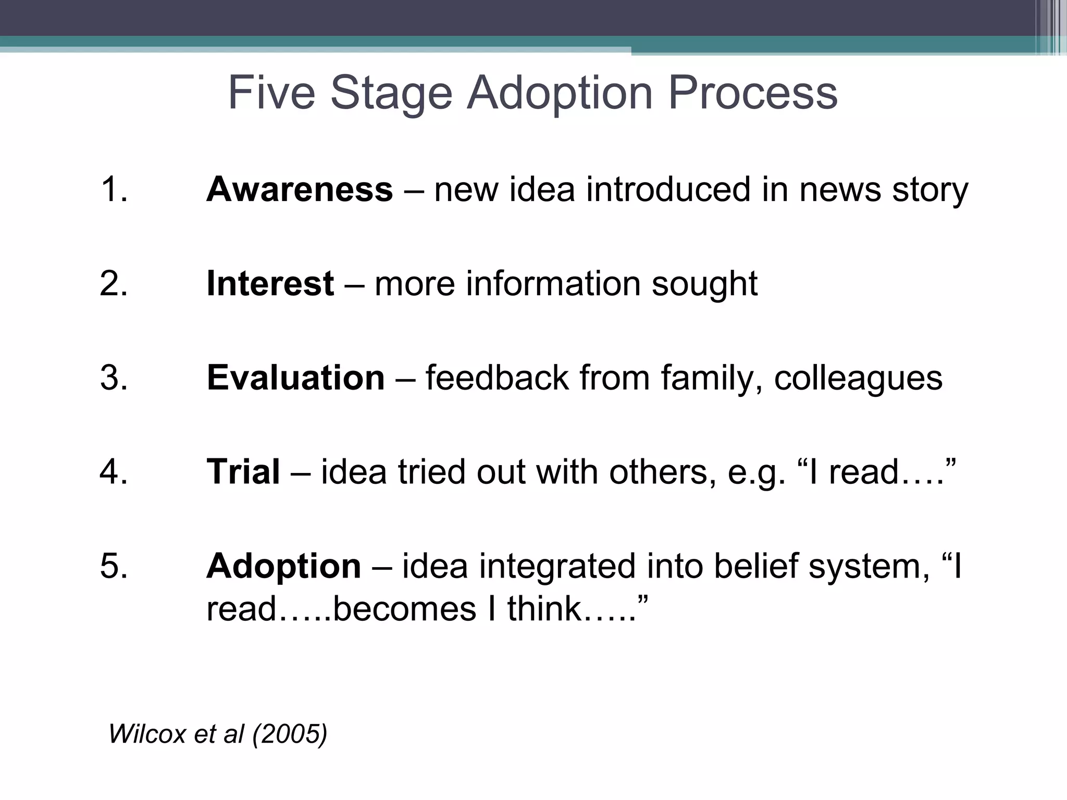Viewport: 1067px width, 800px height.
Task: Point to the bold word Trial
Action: click(x=243, y=472)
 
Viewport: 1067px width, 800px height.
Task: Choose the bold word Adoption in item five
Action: click(x=283, y=566)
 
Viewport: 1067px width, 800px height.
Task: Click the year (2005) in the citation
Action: click(x=290, y=734)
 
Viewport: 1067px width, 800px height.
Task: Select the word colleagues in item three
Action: click(x=858, y=379)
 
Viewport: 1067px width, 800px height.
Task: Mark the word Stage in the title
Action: click(x=391, y=94)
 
